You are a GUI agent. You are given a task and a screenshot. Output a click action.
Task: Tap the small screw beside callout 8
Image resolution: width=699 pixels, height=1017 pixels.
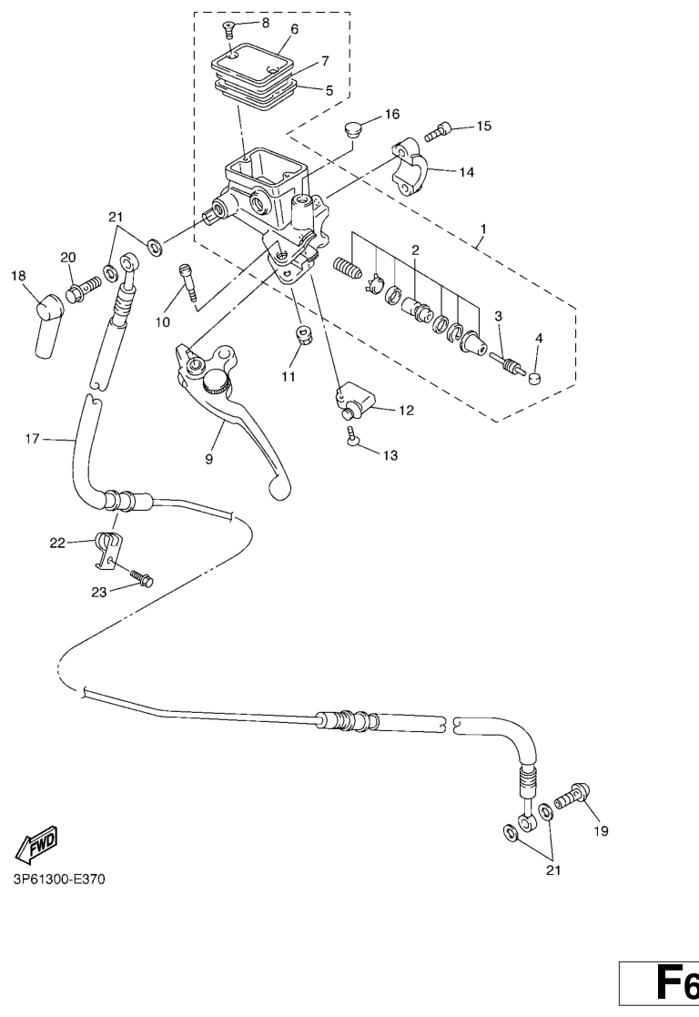[x=228, y=26]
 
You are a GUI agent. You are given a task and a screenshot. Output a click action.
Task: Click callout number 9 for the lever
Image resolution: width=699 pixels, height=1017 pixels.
[x=208, y=459]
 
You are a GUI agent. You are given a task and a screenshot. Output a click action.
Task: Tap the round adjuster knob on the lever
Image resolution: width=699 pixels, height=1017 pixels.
[x=216, y=381]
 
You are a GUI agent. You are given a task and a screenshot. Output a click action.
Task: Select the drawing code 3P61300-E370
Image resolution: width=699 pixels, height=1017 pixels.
[x=58, y=880]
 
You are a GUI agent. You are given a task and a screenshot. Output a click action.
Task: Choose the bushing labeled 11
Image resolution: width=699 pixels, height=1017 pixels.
[x=301, y=337]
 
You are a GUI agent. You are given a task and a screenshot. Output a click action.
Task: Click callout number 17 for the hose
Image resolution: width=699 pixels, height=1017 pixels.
[x=33, y=439]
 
